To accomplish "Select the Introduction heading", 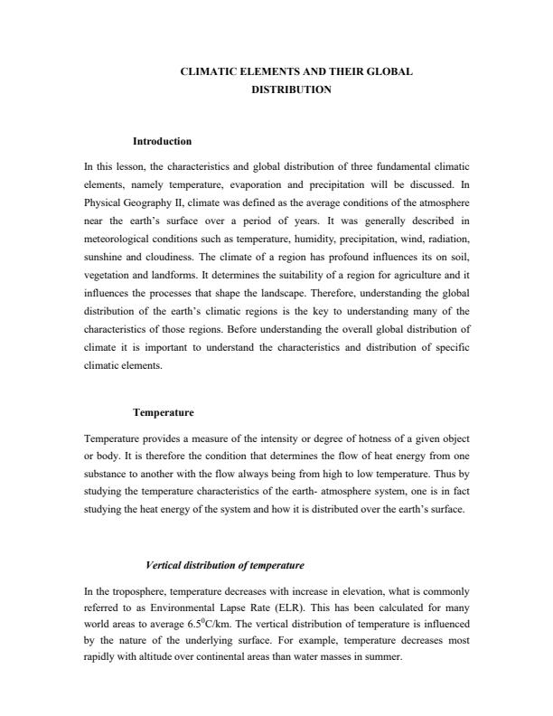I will click(162, 142).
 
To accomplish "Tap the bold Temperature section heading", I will click(164, 412).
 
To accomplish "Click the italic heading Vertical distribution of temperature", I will click(224, 565).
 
